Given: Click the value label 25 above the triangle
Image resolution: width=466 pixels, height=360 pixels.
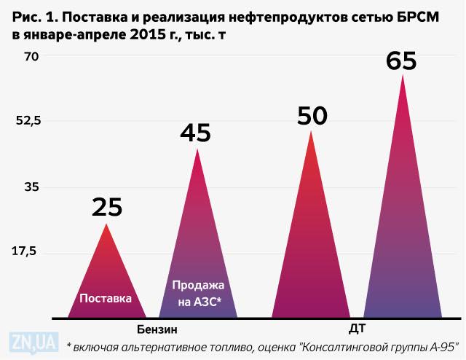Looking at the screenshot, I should click(x=107, y=208).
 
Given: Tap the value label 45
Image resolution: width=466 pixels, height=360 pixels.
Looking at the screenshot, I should click(x=195, y=133).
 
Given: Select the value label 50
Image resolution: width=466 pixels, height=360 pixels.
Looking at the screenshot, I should click(x=312, y=115).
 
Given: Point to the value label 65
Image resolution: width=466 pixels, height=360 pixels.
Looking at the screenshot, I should click(x=401, y=60).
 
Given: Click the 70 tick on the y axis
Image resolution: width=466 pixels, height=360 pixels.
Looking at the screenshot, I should click(x=31, y=55).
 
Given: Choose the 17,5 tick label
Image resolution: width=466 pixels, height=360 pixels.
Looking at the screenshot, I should click(x=26, y=251).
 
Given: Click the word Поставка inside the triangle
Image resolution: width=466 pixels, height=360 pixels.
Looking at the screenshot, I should click(x=106, y=298).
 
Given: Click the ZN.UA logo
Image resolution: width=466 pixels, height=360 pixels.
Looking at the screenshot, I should click(x=33, y=340).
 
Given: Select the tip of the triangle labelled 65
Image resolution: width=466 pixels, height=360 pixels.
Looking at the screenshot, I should click(x=402, y=74).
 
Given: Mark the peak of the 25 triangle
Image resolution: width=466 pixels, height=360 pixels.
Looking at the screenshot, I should click(x=107, y=223).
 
